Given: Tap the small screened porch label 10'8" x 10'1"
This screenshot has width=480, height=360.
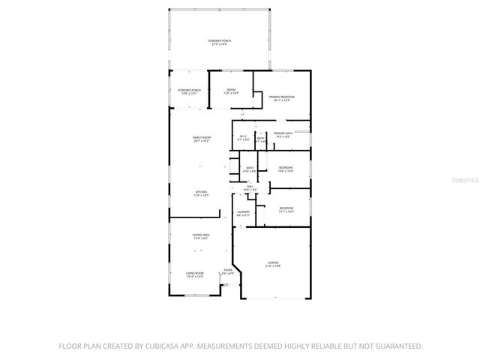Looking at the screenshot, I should [x=189, y=91].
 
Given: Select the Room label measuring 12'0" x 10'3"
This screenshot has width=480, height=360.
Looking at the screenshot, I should [x=231, y=91].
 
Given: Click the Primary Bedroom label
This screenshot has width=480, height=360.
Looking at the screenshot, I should [x=281, y=98].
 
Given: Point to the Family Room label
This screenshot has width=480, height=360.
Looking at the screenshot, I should [x=201, y=139].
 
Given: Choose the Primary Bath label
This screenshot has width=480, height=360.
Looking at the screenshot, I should [x=283, y=134].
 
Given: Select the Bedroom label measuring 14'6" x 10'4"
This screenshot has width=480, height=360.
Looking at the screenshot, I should [x=286, y=169].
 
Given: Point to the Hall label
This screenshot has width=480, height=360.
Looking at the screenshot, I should [x=250, y=188].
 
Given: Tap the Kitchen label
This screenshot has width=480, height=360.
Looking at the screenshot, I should [x=201, y=193].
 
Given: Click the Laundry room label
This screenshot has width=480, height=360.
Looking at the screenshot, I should [x=243, y=214].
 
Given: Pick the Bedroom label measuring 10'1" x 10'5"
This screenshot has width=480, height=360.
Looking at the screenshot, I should [x=286, y=209].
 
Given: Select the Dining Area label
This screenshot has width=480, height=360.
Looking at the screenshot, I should [x=201, y=237].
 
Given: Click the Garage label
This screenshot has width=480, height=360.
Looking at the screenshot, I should [x=274, y=264].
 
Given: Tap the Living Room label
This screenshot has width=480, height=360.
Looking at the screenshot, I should [x=195, y=275].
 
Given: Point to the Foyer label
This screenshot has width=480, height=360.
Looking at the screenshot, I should [x=227, y=272].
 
